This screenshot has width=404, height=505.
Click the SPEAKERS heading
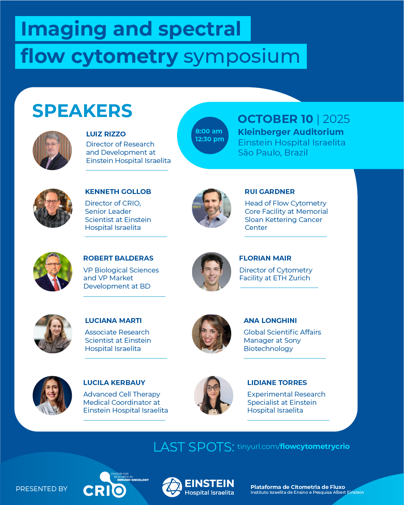(82, 111)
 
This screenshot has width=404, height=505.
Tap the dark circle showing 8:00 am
(210, 135)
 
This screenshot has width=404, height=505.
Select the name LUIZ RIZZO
(106, 134)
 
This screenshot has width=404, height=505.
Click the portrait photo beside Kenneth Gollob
(53, 208)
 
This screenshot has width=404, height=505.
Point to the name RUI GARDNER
(269, 192)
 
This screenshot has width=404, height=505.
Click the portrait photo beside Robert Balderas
(53, 272)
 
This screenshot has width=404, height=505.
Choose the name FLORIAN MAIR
(265, 258)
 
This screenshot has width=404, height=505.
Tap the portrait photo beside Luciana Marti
(53, 334)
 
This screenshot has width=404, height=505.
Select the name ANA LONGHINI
(270, 321)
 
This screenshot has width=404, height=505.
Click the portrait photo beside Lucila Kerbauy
(52, 395)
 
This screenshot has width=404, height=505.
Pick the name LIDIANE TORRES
(277, 382)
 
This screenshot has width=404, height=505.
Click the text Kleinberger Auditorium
(291, 132)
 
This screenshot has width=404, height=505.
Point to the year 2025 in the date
(336, 119)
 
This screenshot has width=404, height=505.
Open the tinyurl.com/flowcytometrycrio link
(293, 446)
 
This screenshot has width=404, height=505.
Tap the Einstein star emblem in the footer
(172, 487)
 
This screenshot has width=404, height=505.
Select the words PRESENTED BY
(41, 489)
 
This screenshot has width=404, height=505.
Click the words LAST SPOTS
(194, 447)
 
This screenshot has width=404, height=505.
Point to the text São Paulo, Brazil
(272, 153)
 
